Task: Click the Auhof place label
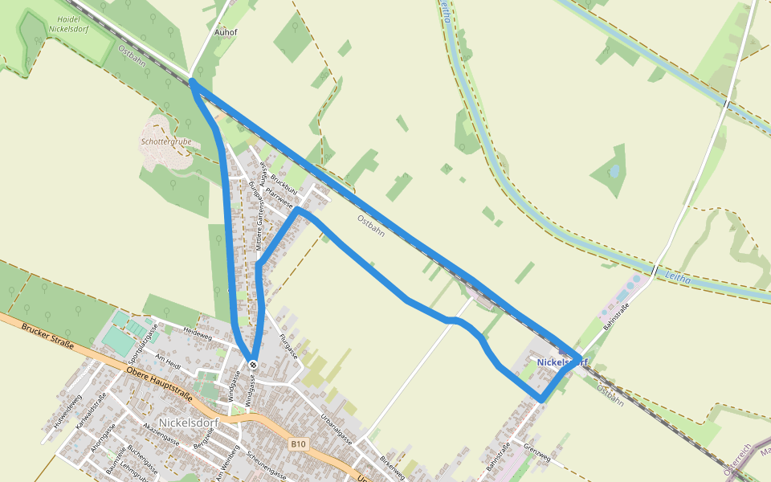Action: click(x=226, y=33)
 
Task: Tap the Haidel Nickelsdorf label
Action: click(x=67, y=23)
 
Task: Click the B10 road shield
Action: click(x=299, y=443)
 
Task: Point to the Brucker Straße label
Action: click(x=48, y=338)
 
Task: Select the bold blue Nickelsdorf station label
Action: click(x=562, y=362)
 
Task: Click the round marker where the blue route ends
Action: click(x=253, y=365)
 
